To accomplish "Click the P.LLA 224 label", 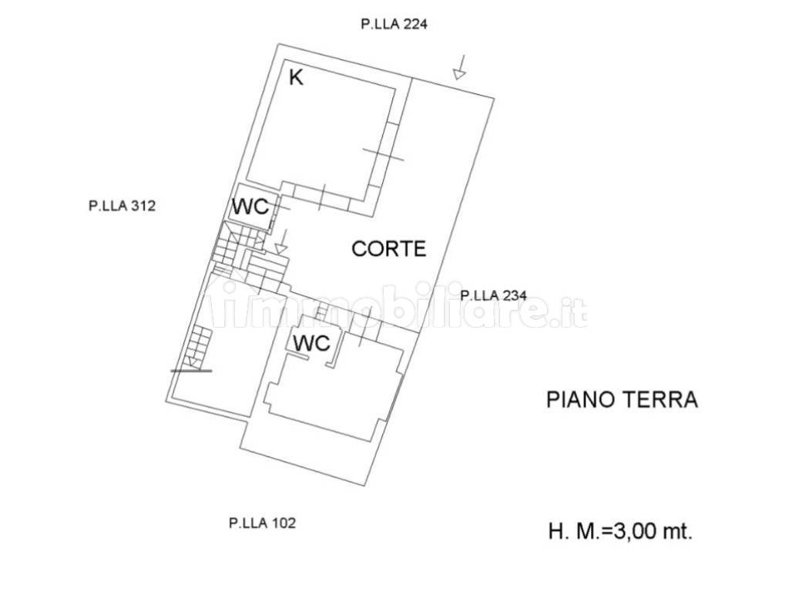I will point(394,24).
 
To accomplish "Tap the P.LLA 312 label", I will point(123,206).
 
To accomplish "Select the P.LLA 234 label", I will point(493,294).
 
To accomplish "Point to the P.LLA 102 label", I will point(262,523).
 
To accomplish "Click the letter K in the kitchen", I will point(295,76).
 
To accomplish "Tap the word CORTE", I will point(388,248).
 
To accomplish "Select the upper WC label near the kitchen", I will point(250,207).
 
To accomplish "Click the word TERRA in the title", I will point(662,399).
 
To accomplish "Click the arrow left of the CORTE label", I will point(281,243).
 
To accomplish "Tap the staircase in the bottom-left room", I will point(199,345).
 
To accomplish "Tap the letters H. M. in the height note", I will point(571,531).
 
